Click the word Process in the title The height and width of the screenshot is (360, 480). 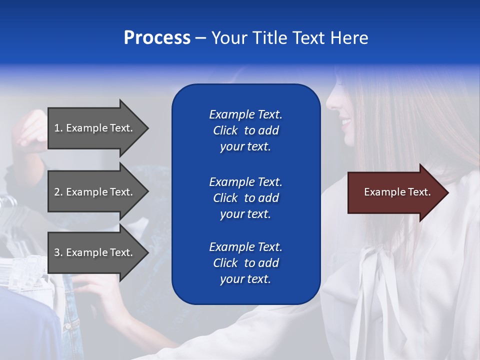[157, 38]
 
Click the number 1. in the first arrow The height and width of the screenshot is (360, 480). [58, 128]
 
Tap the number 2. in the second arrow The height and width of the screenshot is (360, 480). [58, 192]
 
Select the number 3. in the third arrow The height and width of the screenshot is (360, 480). [58, 252]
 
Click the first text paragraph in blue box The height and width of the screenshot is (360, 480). [245, 130]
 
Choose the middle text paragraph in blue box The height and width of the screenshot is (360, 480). [245, 198]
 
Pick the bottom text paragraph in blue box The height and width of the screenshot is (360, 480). [245, 263]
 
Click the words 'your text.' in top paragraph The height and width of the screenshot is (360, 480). [245, 147]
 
